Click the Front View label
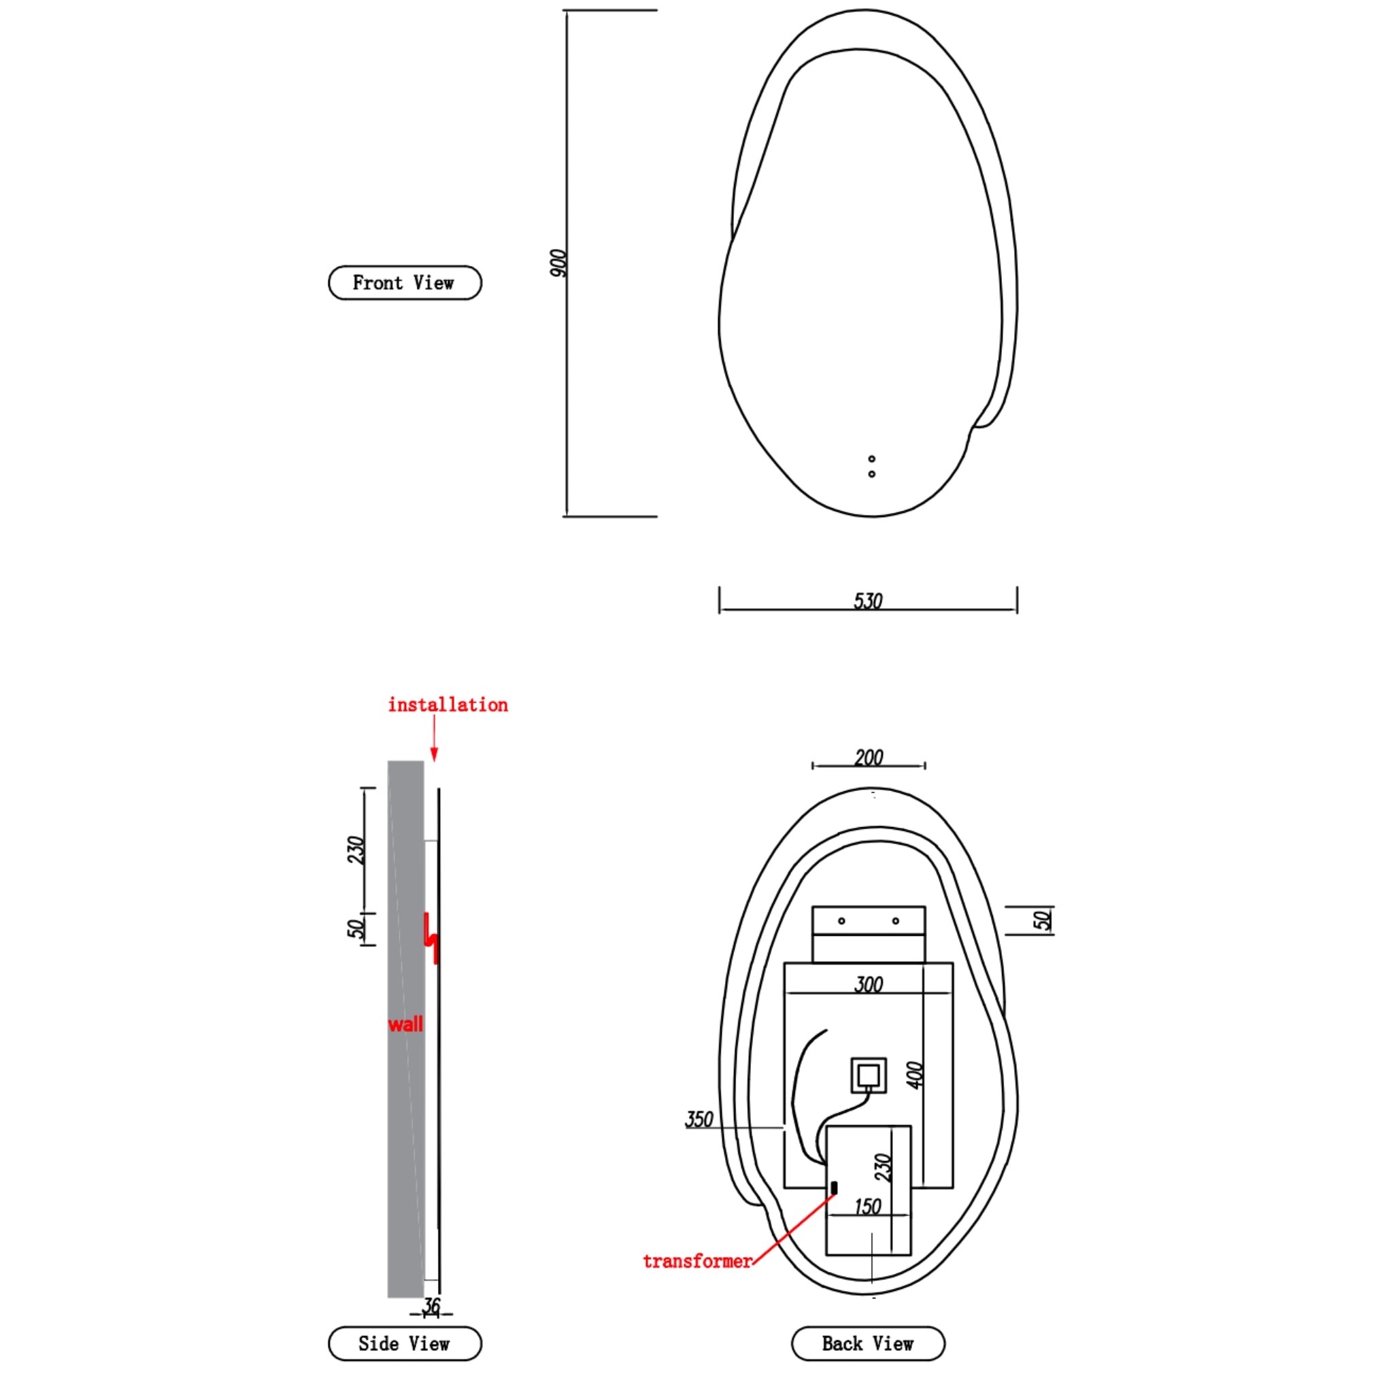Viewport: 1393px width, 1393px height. coord(405,283)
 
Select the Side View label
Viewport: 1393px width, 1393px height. coord(405,1343)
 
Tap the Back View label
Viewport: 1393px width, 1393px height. coord(867,1343)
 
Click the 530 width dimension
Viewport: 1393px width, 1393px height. coord(868,601)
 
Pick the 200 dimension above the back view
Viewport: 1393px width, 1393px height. coord(869,758)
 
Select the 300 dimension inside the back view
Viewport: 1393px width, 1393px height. coord(869,985)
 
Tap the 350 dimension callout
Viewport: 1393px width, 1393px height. coord(699,1120)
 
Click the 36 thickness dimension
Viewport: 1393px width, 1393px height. coord(431,1306)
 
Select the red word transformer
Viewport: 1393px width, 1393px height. coord(697,1261)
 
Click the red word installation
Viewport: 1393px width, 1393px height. coord(448,705)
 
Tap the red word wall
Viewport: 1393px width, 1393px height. coord(405,1024)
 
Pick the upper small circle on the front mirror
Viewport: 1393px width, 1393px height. coord(872,458)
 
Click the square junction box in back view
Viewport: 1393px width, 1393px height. coord(868,1076)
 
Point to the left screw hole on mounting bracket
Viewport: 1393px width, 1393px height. coord(841,921)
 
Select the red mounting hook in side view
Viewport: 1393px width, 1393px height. coord(431,937)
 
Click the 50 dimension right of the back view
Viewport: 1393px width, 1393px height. coord(1042,920)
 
